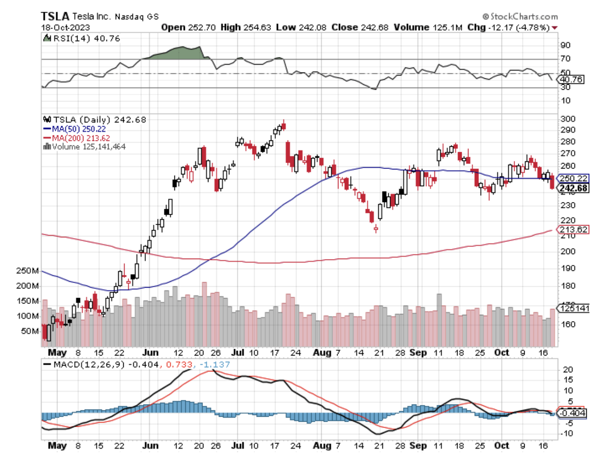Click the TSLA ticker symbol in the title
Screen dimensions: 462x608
55,17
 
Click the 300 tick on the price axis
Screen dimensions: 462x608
568,119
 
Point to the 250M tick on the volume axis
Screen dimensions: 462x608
27,271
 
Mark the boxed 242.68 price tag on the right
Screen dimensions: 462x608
573,188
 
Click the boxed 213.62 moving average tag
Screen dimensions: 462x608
573,230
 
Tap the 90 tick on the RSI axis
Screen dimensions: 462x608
565,45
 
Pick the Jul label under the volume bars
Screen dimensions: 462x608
238,352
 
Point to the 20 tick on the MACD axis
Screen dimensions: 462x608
568,370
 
